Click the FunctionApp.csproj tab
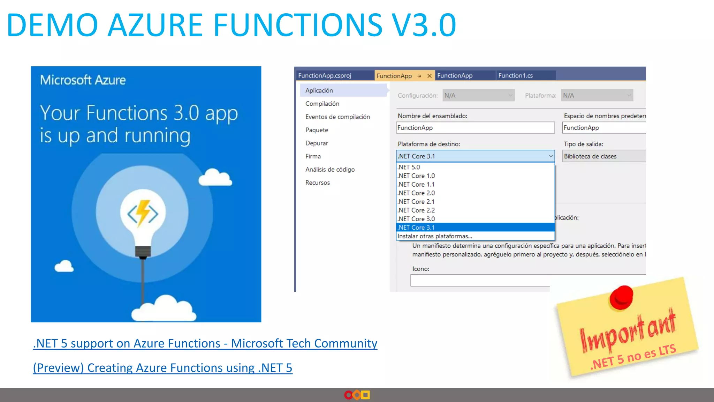click(x=325, y=75)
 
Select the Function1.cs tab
click(x=515, y=75)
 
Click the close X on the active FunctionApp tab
click(x=430, y=76)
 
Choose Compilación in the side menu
click(x=322, y=104)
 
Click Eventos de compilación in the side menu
click(x=337, y=117)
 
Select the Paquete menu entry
click(x=317, y=130)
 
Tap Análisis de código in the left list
click(x=330, y=170)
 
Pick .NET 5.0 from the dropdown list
click(x=409, y=167)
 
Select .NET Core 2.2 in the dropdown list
click(x=417, y=210)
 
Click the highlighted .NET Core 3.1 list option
click(x=417, y=228)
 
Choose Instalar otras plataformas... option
click(x=435, y=236)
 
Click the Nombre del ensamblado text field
click(x=475, y=128)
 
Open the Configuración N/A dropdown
click(x=478, y=95)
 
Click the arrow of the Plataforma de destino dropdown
click(x=550, y=156)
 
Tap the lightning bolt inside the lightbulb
click(x=143, y=212)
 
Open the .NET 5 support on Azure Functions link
click(x=205, y=343)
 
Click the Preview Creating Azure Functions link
click(x=162, y=368)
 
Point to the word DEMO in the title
click(x=52, y=25)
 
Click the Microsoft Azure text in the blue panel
click(x=83, y=80)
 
